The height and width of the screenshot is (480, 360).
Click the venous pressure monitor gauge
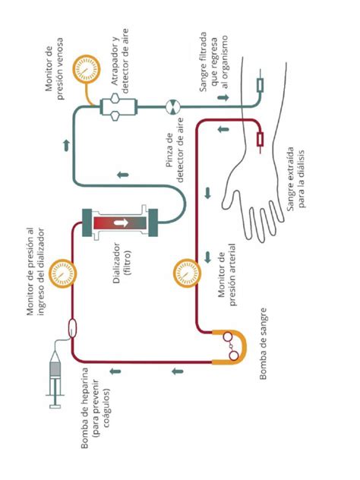point(83,70)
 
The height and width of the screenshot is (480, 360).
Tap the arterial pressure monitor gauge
point(185,270)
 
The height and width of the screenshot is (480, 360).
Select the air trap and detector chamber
point(115,106)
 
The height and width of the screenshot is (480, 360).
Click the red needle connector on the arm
point(261,140)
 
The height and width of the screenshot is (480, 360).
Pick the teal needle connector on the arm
point(260,84)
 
